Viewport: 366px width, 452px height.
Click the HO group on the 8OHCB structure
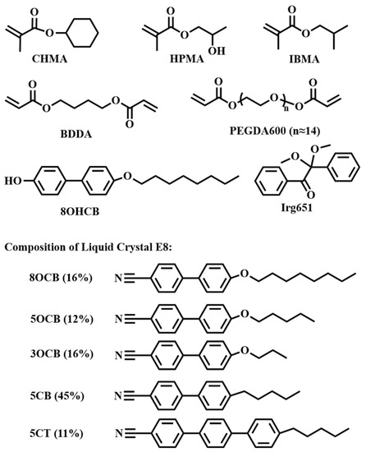coord(11,177)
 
